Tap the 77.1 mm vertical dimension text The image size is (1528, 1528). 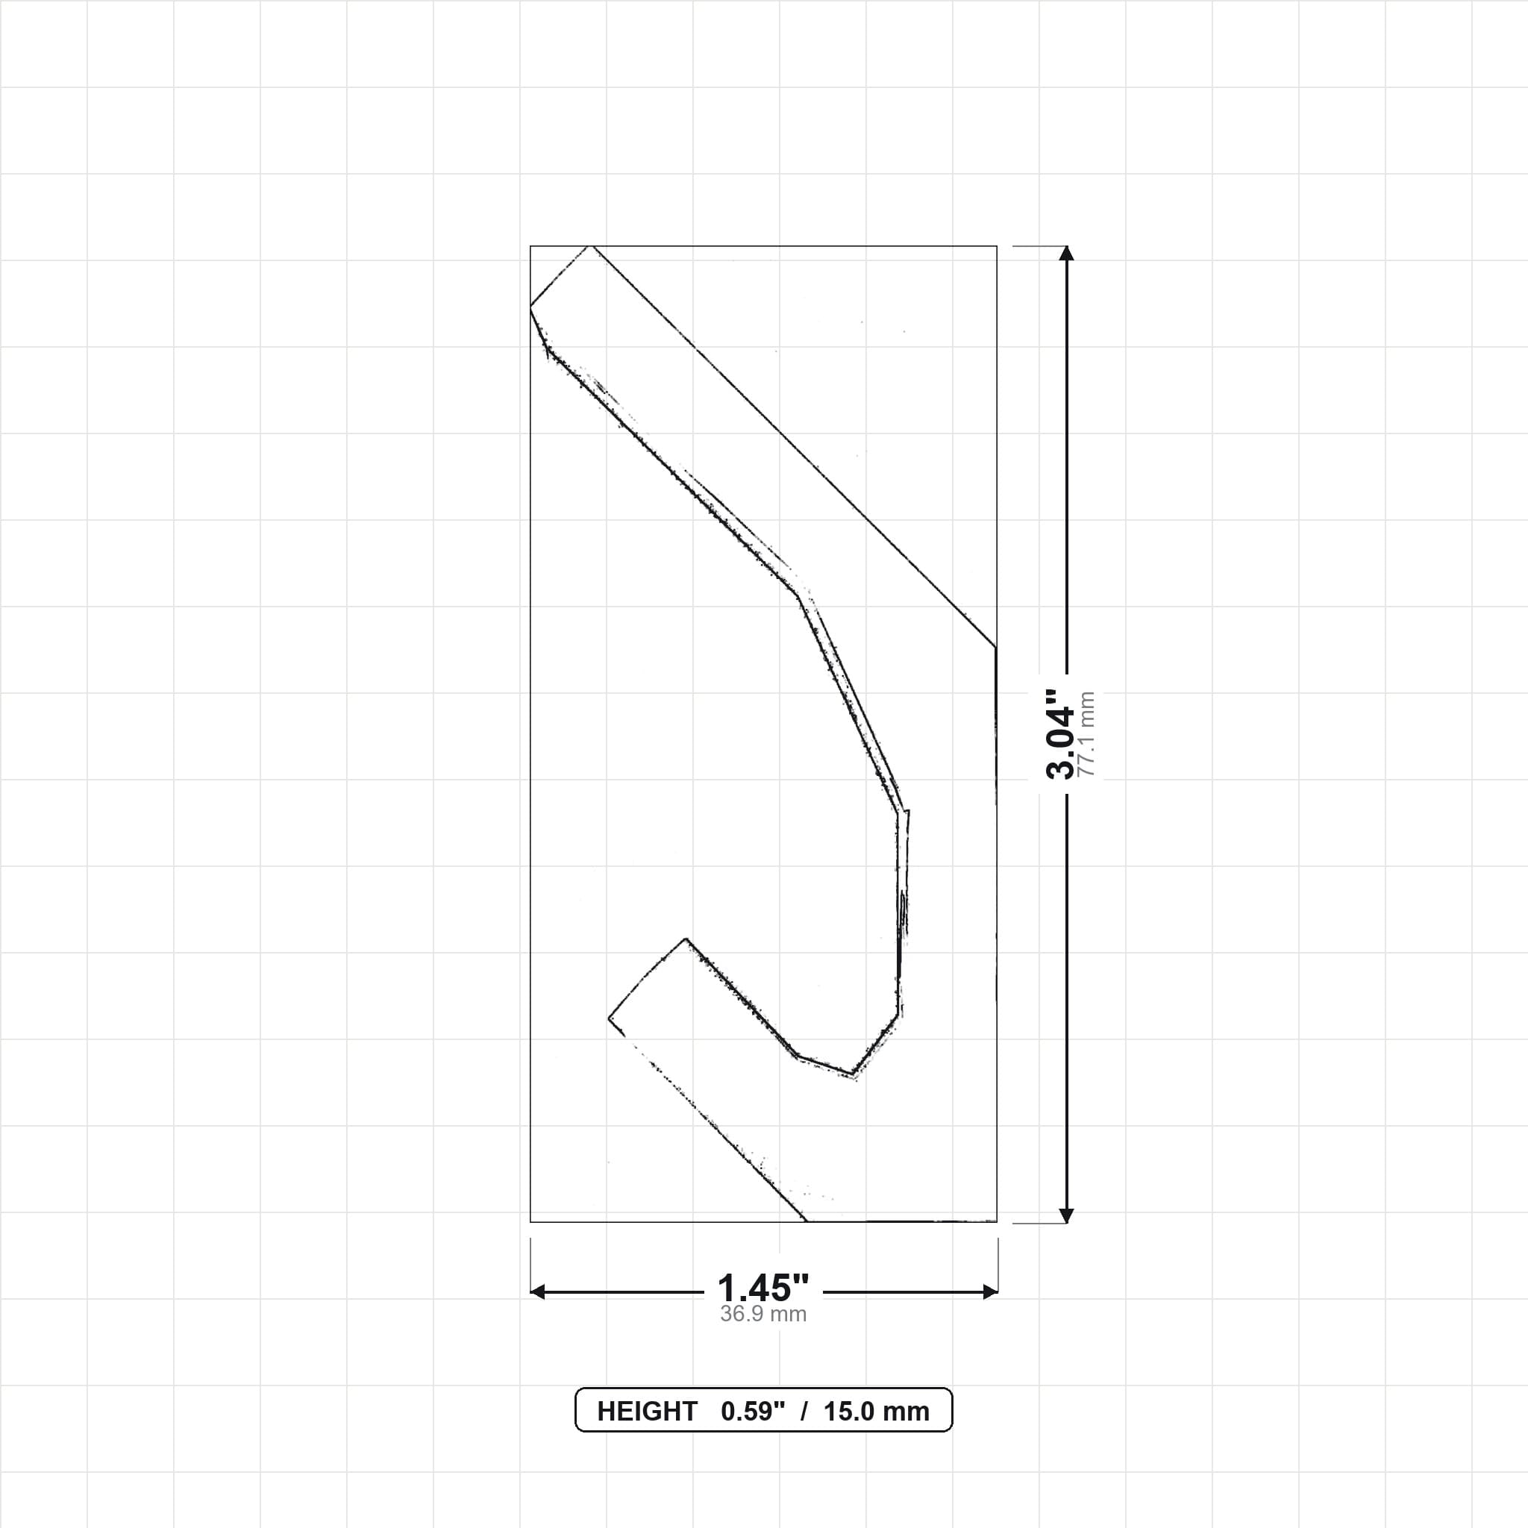1086,734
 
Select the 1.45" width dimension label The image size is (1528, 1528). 763,1289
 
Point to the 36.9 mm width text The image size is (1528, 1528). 763,1314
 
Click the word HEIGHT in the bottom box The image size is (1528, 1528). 647,1411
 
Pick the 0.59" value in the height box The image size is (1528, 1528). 753,1411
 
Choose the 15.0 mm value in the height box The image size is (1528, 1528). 877,1411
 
